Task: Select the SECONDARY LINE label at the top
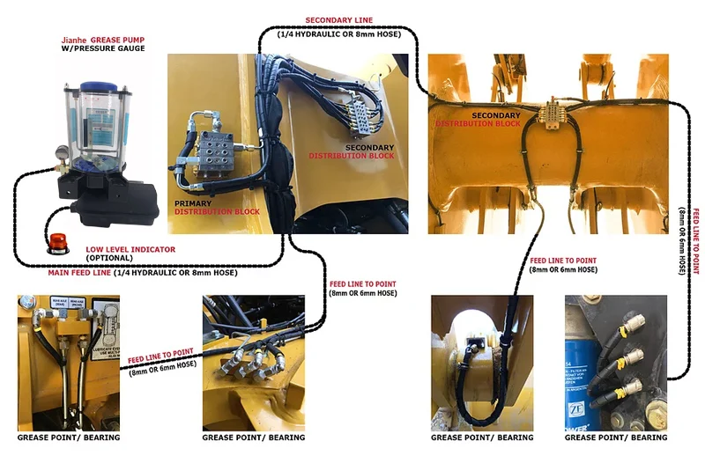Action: click(338, 18)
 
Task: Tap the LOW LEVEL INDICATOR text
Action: click(130, 249)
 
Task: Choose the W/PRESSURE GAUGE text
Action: click(97, 49)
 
